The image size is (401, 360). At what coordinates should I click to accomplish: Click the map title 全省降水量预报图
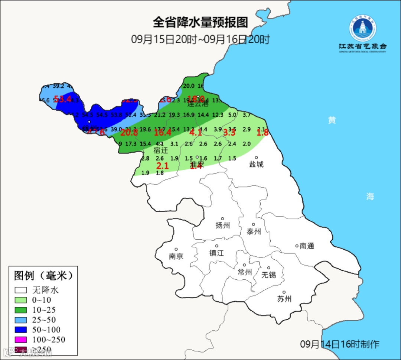(x=200, y=22)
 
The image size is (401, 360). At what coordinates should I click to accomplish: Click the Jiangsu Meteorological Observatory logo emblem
(x=363, y=28)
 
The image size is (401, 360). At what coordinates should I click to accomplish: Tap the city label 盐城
(x=256, y=164)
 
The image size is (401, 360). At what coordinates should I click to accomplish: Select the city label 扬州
(x=223, y=225)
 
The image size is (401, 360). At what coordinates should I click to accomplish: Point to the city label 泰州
(x=254, y=231)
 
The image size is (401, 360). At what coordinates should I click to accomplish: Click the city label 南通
(x=307, y=246)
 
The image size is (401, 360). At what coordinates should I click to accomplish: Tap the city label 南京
(x=176, y=256)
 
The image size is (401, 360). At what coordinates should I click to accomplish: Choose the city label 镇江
(x=217, y=253)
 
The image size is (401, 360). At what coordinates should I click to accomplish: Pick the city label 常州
(x=245, y=272)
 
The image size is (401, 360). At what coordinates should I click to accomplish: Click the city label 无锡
(x=269, y=275)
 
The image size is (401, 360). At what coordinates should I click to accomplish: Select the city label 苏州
(x=284, y=299)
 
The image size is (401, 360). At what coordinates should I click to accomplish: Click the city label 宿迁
(x=161, y=150)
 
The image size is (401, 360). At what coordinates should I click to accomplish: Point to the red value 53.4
(x=62, y=99)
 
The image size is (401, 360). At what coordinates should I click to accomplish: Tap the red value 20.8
(x=129, y=132)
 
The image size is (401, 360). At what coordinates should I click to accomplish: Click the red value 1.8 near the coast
(x=263, y=132)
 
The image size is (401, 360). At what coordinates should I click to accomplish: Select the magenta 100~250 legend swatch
(x=21, y=340)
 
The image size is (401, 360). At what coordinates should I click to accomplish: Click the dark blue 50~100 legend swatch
(x=21, y=330)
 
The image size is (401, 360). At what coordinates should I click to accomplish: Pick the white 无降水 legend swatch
(x=21, y=290)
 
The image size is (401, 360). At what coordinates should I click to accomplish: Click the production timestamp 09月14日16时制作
(x=339, y=344)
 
